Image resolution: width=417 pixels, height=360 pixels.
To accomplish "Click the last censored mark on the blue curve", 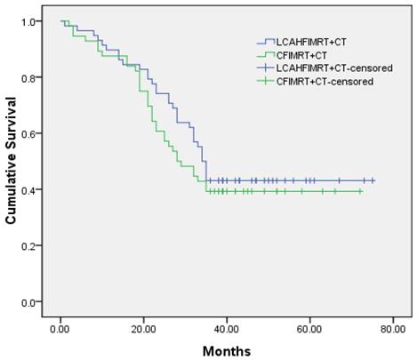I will [x=373, y=180].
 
